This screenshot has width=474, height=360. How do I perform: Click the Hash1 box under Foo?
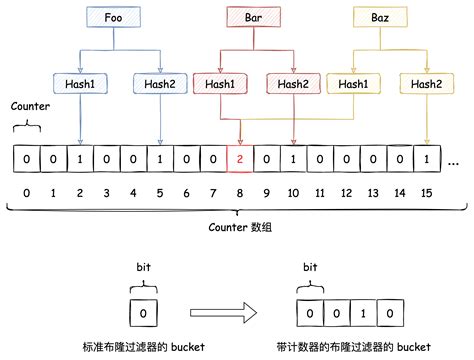pyautogui.click(x=79, y=85)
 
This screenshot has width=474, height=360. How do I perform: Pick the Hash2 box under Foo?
pyautogui.click(x=159, y=85)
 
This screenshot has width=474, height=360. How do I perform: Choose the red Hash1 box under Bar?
pyautogui.click(x=220, y=85)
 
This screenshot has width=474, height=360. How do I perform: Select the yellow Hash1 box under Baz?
pyautogui.click(x=353, y=85)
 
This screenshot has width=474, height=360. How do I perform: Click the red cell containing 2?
pyautogui.click(x=240, y=159)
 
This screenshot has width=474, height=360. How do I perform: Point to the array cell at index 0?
pyautogui.click(x=26, y=159)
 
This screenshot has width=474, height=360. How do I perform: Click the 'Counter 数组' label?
pyautogui.click(x=236, y=227)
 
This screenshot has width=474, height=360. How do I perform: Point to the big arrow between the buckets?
pyautogui.click(x=225, y=313)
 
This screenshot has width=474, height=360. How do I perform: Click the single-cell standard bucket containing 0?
pyautogui.click(x=143, y=313)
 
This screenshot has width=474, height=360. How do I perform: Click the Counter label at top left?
pyautogui.click(x=29, y=106)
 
